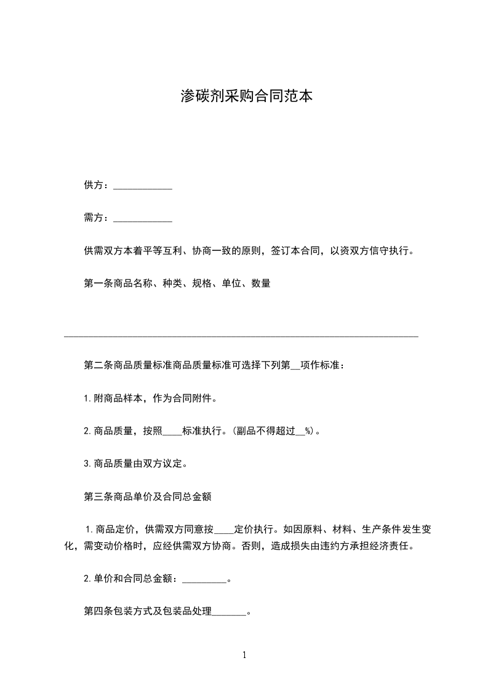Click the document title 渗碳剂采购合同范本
click(244, 96)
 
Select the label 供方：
click(97, 185)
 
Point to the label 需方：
click(97, 217)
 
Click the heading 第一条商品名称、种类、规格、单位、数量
click(177, 284)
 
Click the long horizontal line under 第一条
click(241, 336)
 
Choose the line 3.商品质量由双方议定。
click(135, 464)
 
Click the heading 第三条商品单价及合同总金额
click(148, 496)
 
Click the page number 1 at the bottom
click(244, 655)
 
